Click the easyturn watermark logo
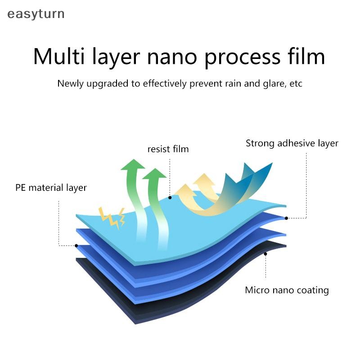tap(36, 14)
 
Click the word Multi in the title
tap(59, 56)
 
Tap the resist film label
tap(168, 149)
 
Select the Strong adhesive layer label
tap(292, 144)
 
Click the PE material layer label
tap(51, 188)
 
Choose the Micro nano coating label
tap(287, 290)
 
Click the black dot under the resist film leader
tap(170, 198)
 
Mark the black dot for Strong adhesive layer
tap(286, 218)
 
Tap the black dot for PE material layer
tap(76, 246)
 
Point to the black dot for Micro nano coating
tap(265, 254)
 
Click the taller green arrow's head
tap(133, 164)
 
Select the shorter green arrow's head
tap(154, 174)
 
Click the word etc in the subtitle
tap(296, 84)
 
